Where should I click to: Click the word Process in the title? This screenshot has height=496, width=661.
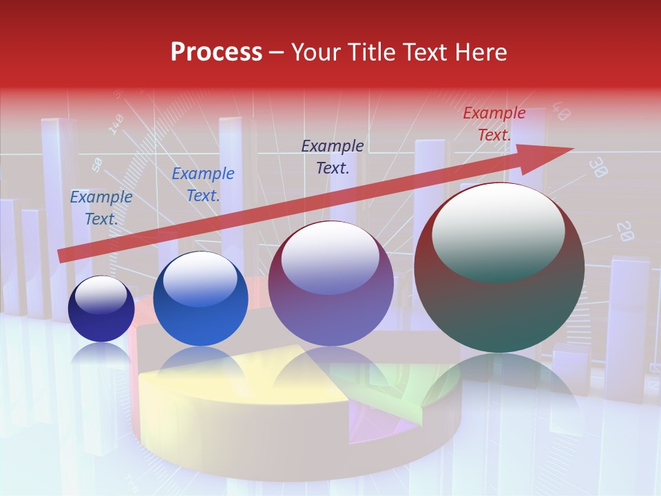coord(216,52)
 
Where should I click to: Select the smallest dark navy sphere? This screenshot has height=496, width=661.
coord(101,309)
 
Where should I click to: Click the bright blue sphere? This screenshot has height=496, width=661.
coord(200,300)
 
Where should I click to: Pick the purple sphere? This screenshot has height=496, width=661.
coord(330,284)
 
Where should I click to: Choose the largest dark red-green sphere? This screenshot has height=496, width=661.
coord(499,269)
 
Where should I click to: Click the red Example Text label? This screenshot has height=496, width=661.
coord(494,124)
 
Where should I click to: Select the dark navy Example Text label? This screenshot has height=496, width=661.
coord(333,156)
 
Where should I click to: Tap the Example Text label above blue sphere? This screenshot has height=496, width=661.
coord(203,184)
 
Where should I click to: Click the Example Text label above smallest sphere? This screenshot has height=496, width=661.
coord(101,207)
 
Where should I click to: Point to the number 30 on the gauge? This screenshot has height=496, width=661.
coord(599,168)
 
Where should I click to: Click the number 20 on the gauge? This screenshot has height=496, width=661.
coord(625,231)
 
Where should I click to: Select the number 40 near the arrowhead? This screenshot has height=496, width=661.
coord(560,112)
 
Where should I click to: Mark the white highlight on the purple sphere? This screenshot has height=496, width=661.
coord(330,256)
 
